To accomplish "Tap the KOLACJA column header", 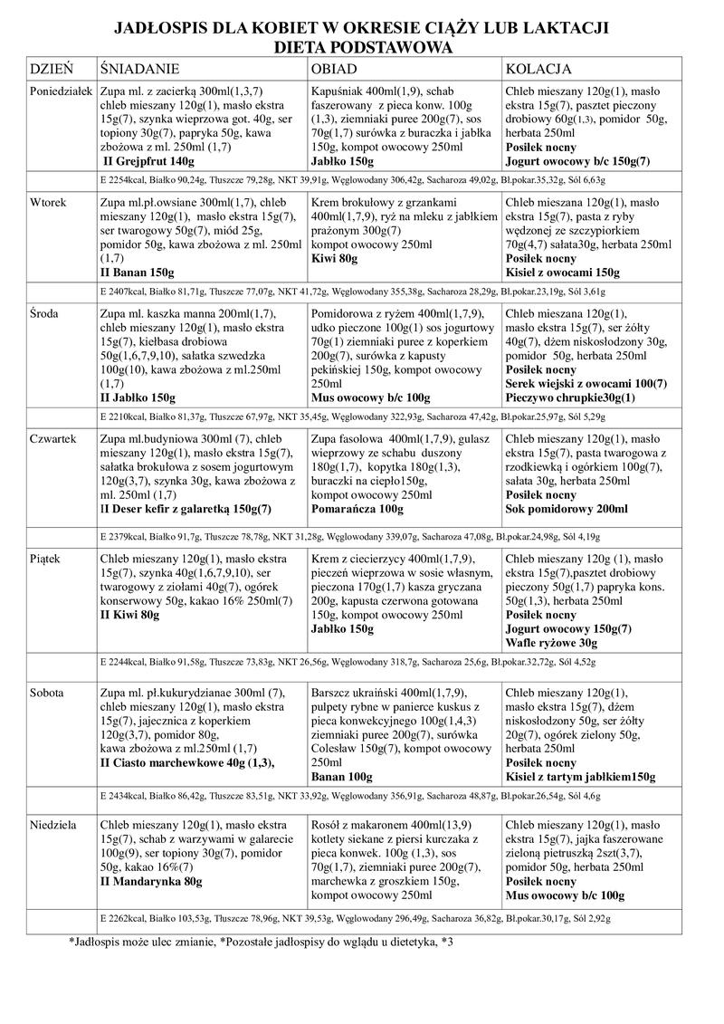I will pyautogui.click(x=538, y=69).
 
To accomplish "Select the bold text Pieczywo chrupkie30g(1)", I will pyautogui.click(x=571, y=398).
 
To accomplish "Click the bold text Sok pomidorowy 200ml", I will pyautogui.click(x=567, y=510).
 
